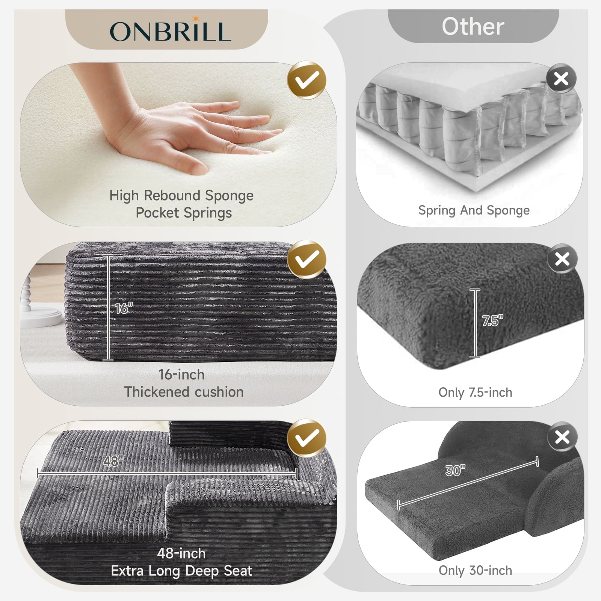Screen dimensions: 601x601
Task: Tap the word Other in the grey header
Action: [x=473, y=27]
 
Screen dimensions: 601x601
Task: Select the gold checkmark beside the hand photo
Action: [x=307, y=80]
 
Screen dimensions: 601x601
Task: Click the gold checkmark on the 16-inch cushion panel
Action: [x=307, y=259]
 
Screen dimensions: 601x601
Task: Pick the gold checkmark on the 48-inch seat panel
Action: [x=307, y=438]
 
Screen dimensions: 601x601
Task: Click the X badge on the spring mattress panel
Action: [x=561, y=79]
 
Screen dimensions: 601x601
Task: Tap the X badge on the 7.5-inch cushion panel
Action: [x=562, y=259]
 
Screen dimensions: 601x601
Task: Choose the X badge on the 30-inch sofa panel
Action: [x=562, y=437]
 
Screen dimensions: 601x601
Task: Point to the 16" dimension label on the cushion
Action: [x=124, y=308]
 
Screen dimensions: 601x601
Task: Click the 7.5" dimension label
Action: [x=492, y=321]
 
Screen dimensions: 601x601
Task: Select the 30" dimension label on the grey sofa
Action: [x=455, y=470]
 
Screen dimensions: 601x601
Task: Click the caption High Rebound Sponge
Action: [x=181, y=196]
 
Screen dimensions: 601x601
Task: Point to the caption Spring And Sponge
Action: [x=474, y=210]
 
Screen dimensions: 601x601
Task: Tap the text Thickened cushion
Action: [x=184, y=392]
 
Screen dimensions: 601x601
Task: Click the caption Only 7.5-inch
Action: [x=475, y=393]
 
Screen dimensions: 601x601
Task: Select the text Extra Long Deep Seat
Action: [x=181, y=571]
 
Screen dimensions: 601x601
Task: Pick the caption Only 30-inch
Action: [x=475, y=571]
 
